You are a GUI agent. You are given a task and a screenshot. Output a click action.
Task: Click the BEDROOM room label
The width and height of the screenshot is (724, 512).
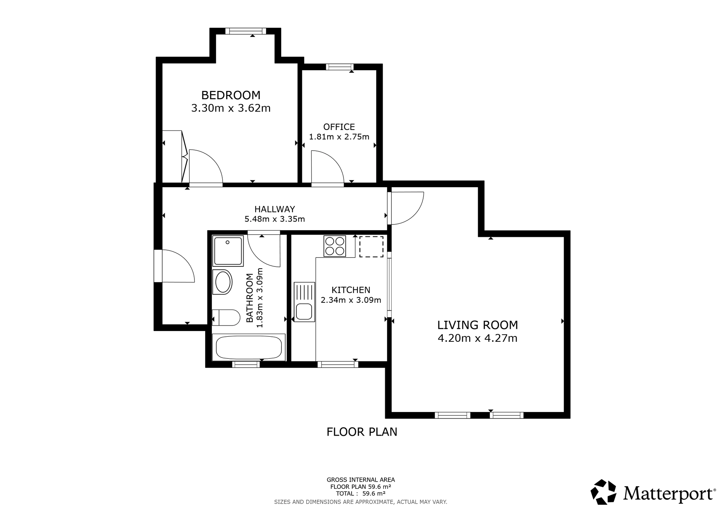(231, 95)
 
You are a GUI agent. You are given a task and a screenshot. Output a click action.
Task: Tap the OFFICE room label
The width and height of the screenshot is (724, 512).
(339, 127)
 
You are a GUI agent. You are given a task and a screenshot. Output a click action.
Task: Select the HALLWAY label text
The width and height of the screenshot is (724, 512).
(275, 209)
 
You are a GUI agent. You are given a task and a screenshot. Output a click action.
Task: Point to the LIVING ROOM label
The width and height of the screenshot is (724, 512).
(477, 325)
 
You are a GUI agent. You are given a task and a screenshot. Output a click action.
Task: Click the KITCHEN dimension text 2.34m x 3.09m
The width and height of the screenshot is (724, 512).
(351, 300)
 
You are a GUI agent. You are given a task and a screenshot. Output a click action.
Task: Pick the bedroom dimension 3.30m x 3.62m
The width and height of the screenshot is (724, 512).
(231, 108)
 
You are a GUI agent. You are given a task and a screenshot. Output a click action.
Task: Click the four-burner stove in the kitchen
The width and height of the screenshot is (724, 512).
(334, 246)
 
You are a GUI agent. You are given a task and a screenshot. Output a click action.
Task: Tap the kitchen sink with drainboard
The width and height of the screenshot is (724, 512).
(304, 302)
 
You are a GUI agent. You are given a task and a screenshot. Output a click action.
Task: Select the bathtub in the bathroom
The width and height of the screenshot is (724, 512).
(249, 347)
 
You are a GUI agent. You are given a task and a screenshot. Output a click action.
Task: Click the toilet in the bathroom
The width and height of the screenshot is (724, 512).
(226, 318)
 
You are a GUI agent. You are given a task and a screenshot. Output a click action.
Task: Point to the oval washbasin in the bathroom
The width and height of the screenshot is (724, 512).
(222, 282)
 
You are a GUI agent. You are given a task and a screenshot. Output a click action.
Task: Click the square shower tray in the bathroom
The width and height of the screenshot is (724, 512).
(228, 251)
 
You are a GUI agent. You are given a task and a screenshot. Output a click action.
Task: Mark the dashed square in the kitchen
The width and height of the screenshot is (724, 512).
(371, 247)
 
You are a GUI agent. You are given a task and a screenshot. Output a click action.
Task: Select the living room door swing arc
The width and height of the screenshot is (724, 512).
(415, 214)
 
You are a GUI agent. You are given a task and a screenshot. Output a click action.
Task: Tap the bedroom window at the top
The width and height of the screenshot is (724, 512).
(246, 32)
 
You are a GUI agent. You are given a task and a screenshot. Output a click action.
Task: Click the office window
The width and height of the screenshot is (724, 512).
(340, 67)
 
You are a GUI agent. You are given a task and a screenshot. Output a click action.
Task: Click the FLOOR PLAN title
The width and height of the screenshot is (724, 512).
(362, 432)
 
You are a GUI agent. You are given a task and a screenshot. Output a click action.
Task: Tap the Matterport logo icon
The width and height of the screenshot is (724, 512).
(603, 492)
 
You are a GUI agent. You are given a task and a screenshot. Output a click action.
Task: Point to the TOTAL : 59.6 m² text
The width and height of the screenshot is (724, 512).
(361, 494)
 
